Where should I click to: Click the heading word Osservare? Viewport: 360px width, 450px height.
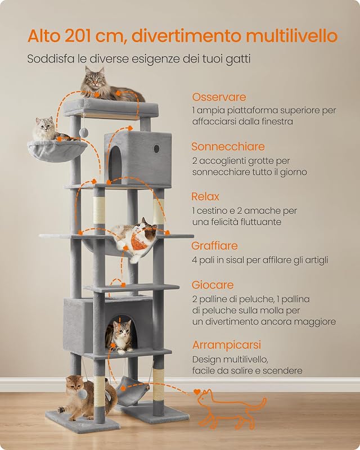point(219,97)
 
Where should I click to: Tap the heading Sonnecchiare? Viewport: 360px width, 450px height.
point(228,146)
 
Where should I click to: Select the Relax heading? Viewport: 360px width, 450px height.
point(205,196)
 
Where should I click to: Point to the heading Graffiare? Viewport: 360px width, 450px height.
point(214,246)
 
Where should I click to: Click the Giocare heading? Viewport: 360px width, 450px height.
point(213,285)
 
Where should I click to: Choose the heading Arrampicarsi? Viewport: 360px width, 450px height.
point(227,345)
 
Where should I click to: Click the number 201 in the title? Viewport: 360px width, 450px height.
point(79,36)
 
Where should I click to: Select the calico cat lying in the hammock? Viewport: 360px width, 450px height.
point(134,237)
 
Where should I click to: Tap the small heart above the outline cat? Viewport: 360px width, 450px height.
point(196,391)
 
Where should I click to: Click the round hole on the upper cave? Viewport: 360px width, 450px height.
point(156,148)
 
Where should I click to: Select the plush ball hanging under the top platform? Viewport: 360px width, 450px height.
point(84,132)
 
